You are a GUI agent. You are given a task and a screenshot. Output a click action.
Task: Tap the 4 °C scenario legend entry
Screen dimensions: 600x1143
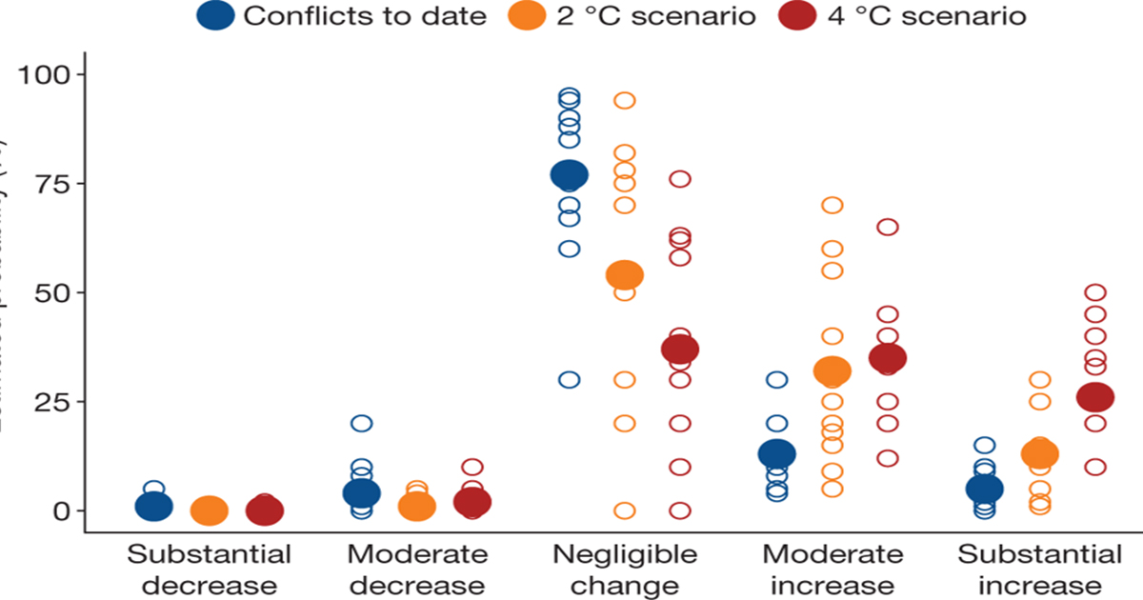click(x=911, y=16)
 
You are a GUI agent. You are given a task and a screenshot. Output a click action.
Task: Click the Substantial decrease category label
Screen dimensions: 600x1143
click(x=210, y=570)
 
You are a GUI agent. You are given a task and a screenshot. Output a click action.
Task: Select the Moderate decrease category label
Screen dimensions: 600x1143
click(x=417, y=570)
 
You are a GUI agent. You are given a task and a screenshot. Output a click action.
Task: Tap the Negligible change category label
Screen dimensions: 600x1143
click(x=626, y=570)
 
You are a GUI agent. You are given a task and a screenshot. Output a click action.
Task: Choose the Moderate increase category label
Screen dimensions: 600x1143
click(x=832, y=570)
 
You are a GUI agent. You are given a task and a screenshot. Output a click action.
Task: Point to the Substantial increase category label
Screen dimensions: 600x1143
click(x=1039, y=570)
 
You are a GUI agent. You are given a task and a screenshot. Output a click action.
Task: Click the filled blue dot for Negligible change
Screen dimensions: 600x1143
click(x=570, y=175)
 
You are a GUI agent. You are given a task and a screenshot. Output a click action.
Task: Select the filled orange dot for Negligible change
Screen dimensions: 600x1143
click(x=625, y=275)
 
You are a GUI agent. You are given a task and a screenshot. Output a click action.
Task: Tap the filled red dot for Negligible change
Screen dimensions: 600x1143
click(x=680, y=350)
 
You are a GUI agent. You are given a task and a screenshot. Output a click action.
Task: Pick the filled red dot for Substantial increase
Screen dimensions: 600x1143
click(x=1095, y=397)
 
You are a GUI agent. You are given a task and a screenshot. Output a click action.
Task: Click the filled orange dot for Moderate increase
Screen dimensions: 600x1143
click(x=832, y=371)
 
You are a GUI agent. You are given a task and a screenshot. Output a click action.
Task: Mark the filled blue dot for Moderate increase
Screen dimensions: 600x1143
click(x=777, y=454)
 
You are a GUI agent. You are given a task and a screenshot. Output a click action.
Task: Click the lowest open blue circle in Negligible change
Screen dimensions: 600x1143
click(x=570, y=380)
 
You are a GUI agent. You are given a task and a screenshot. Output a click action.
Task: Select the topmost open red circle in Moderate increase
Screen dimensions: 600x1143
click(x=888, y=227)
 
